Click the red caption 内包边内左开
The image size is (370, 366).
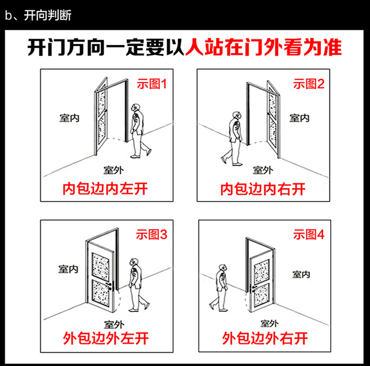106,189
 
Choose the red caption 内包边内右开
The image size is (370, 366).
263,189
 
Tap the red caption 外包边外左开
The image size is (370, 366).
106,339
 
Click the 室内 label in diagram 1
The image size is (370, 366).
69,118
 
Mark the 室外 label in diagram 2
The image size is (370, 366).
263,170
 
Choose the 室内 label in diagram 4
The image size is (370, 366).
300,274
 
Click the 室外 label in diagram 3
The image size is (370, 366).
113,324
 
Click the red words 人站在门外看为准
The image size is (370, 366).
263,49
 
